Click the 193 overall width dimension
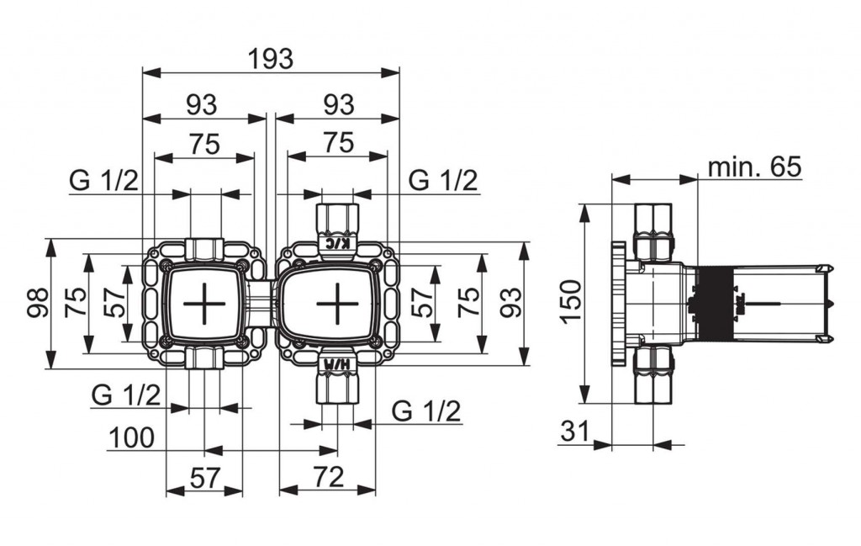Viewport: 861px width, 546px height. [271, 59]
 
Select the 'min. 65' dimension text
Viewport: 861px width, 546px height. [755, 166]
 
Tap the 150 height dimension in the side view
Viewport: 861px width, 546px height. [571, 302]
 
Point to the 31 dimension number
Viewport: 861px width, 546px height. [574, 432]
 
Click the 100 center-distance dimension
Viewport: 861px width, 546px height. [132, 437]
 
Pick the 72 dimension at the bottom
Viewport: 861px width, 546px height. [329, 476]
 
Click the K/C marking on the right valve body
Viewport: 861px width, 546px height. [338, 243]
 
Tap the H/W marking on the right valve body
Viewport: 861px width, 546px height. [337, 363]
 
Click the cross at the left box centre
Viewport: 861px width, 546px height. [203, 303]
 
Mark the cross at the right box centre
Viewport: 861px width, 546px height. [338, 303]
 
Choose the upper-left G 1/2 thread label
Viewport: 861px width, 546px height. [104, 180]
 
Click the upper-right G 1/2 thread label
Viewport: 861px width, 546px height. [444, 180]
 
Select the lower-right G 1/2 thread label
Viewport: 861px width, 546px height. [426, 411]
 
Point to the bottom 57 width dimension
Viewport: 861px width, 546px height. [205, 477]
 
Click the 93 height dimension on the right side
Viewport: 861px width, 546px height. [512, 303]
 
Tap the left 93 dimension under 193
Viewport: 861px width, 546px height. [202, 104]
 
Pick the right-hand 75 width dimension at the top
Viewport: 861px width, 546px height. [339, 143]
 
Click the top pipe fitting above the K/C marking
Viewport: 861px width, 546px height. [338, 220]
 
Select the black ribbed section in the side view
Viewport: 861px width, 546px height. [715, 303]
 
